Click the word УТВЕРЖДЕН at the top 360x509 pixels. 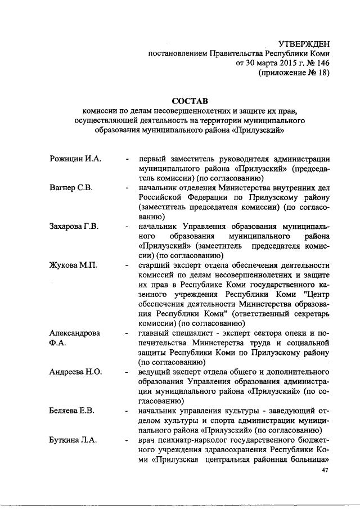[x=304, y=44]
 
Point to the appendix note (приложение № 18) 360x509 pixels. [x=292, y=73]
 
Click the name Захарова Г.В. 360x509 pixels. [x=74, y=226]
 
